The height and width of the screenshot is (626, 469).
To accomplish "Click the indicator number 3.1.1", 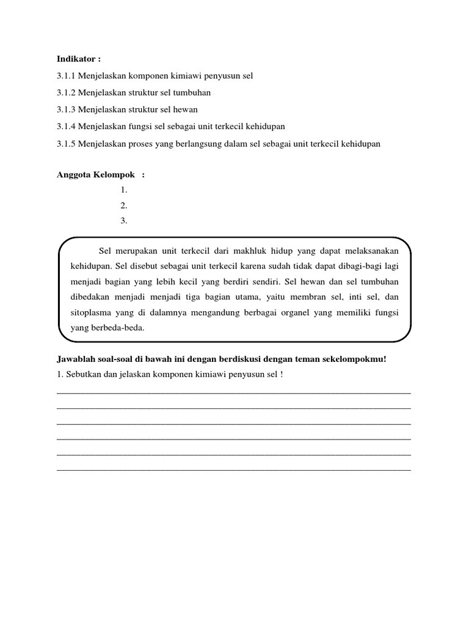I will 66,76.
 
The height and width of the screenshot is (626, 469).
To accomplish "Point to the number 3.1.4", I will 66,127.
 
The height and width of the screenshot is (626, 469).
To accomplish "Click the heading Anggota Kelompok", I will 96,175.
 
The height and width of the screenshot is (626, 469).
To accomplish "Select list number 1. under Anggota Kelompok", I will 124,190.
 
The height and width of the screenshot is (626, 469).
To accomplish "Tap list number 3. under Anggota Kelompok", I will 124,221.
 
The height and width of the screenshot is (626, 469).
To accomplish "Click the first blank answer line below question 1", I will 233,391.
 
